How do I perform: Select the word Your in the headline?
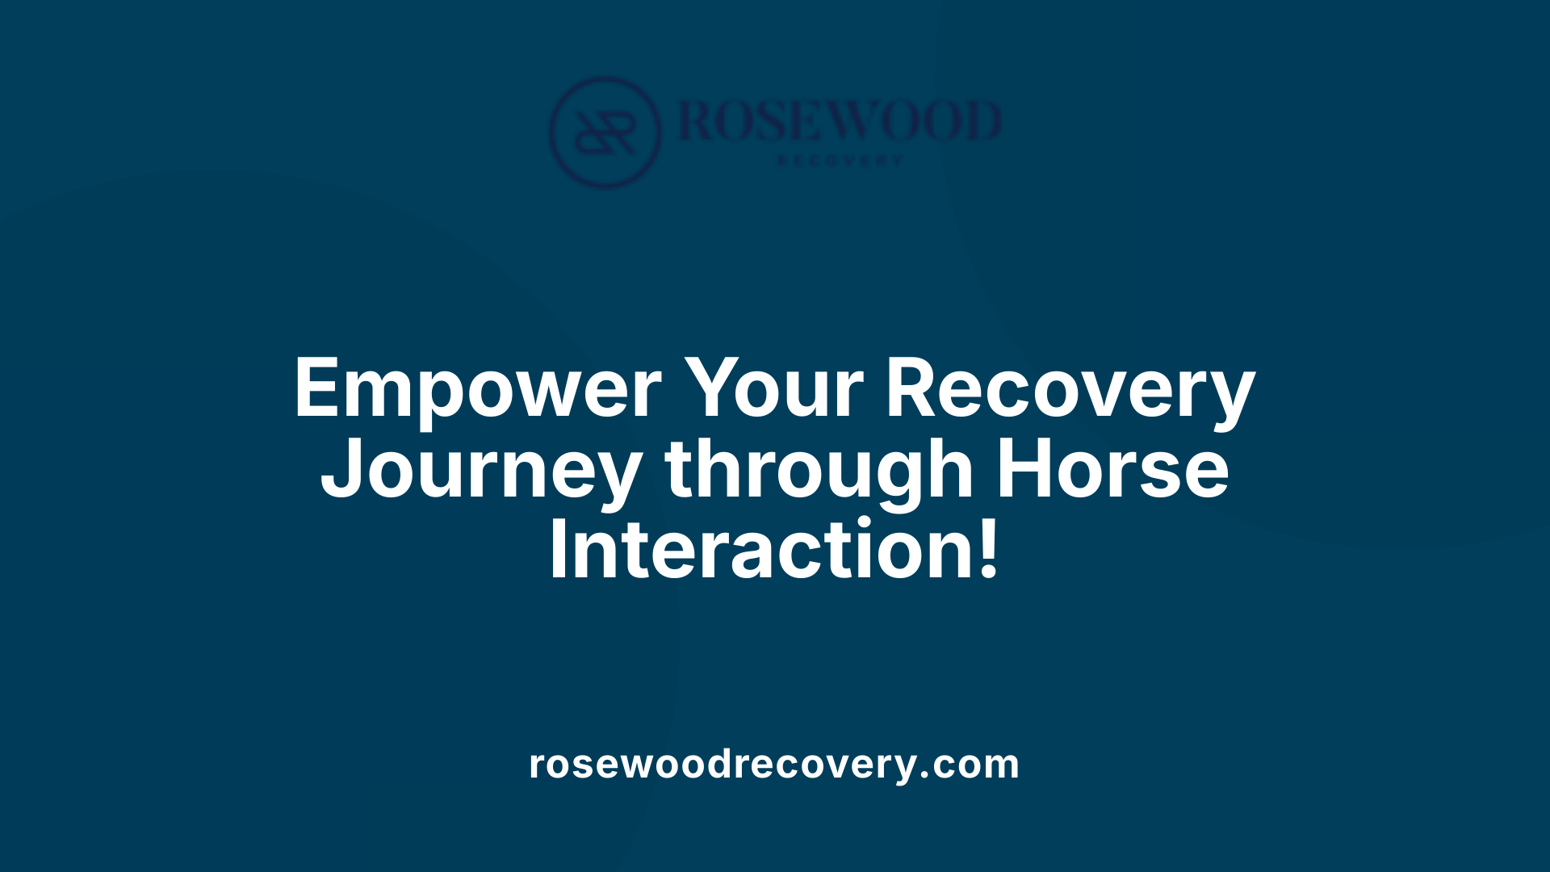click(x=774, y=389)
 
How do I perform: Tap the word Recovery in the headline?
click(x=1070, y=389)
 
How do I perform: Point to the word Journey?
click(x=481, y=470)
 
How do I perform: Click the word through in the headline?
click(x=819, y=470)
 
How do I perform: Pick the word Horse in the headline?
click(x=1112, y=470)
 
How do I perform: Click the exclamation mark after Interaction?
click(x=988, y=551)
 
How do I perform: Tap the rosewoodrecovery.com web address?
click(x=774, y=764)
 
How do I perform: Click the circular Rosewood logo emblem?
click(x=605, y=132)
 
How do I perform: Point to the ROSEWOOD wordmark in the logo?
click(x=840, y=121)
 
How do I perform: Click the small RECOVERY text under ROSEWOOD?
click(x=840, y=161)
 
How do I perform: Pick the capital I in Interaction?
click(x=557, y=551)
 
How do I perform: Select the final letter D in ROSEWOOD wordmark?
click(x=978, y=121)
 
